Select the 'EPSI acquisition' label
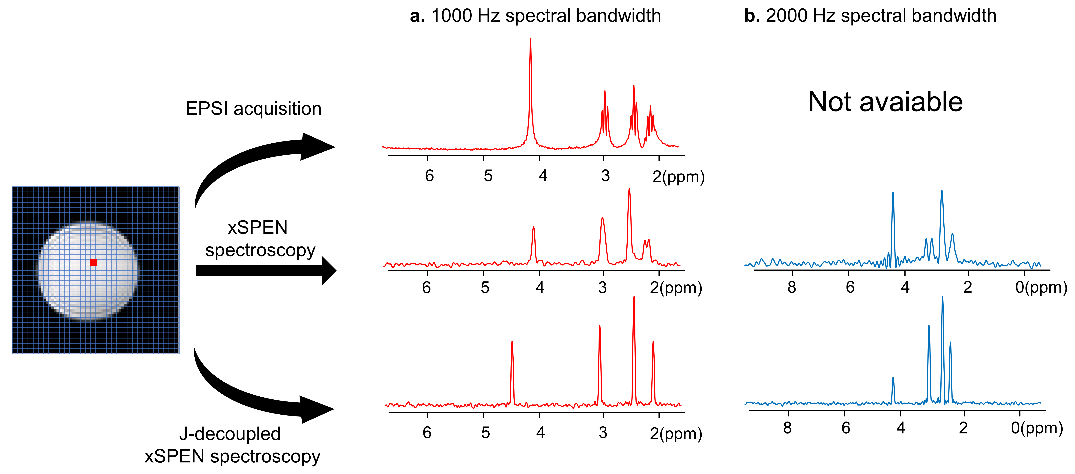tap(253, 109)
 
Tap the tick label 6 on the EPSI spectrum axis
tap(429, 176)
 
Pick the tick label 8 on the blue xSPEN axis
tap(792, 287)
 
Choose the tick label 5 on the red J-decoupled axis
tap(485, 433)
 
